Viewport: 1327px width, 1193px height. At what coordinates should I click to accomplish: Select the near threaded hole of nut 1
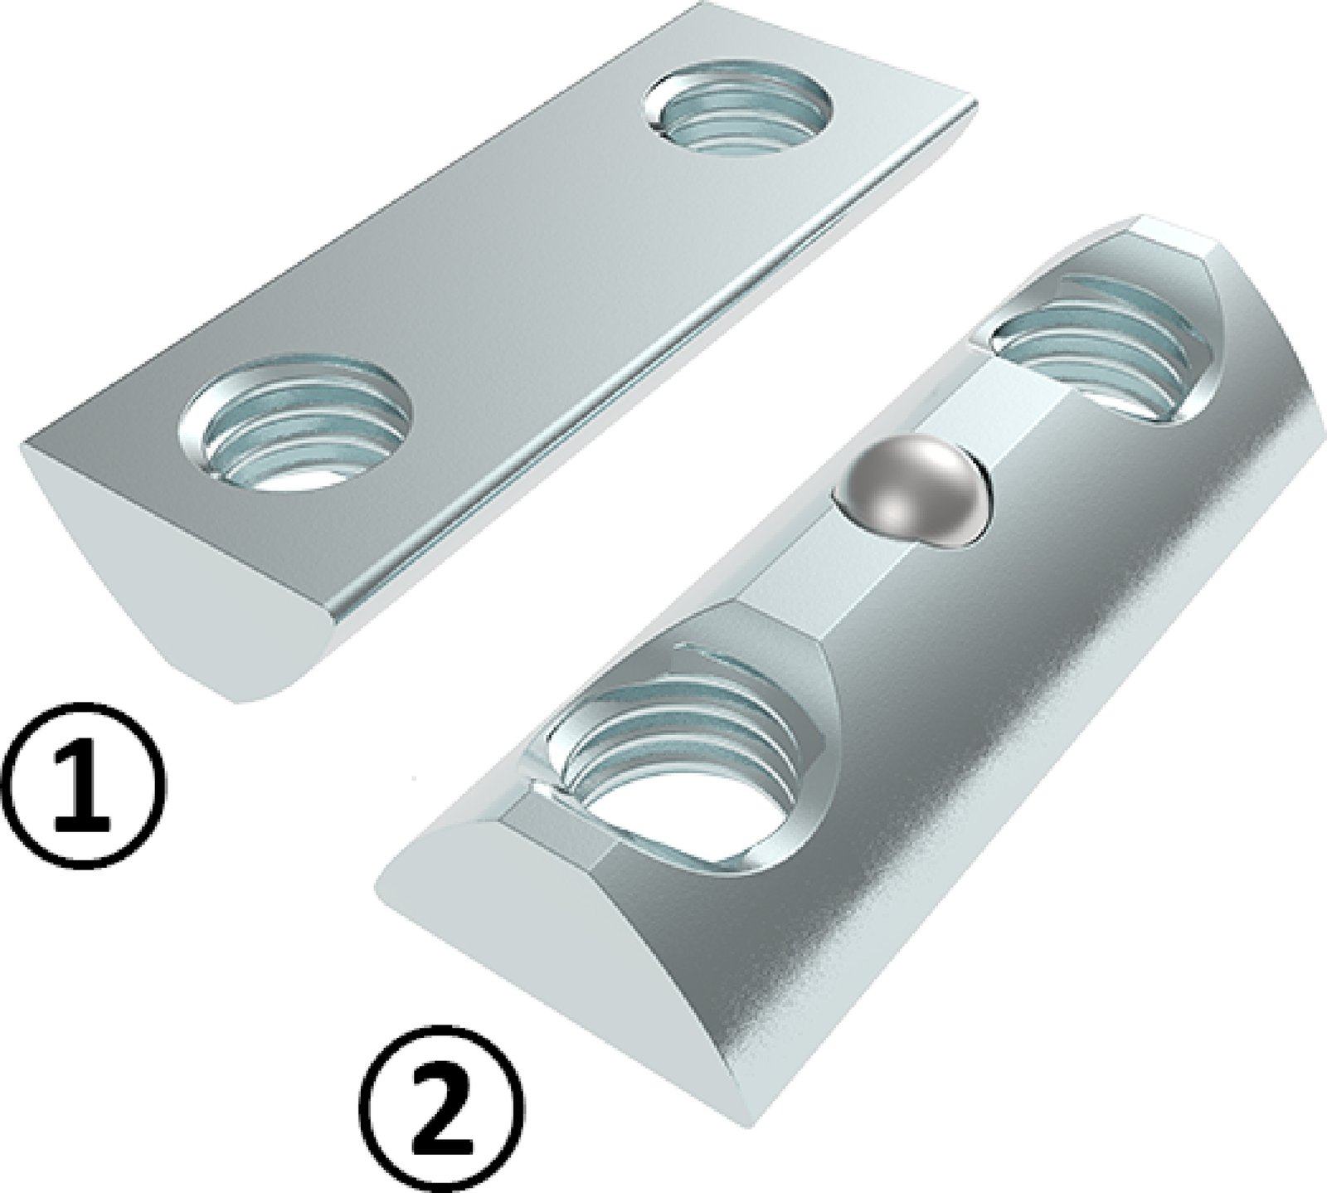(x=296, y=423)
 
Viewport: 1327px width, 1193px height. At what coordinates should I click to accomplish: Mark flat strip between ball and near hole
(x=817, y=572)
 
